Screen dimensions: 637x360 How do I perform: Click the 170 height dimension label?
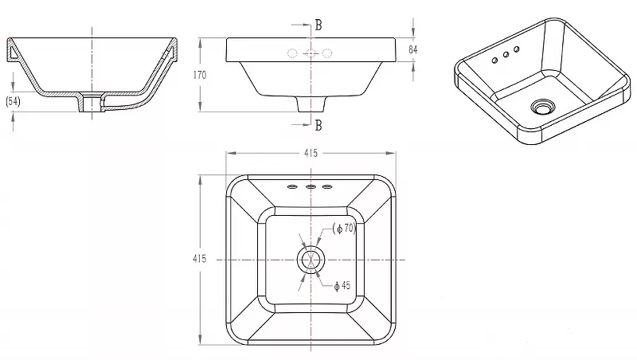(x=200, y=75)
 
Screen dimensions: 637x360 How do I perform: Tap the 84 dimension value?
(x=412, y=49)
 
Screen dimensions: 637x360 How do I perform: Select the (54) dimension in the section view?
(x=13, y=101)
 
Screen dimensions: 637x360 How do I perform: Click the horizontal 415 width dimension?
(x=311, y=153)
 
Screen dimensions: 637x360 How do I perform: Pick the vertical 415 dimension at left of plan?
(x=200, y=259)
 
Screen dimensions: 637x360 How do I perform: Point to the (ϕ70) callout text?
(x=345, y=229)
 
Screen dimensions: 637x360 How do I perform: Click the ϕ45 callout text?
(x=342, y=286)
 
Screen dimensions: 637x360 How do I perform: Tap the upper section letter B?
(x=318, y=25)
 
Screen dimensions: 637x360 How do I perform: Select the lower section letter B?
(x=318, y=125)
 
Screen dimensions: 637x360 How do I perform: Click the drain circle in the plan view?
(x=311, y=259)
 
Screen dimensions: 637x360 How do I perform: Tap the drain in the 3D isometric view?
(x=542, y=107)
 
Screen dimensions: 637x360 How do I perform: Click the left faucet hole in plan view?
(x=292, y=187)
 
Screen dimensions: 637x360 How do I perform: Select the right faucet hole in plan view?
(x=327, y=187)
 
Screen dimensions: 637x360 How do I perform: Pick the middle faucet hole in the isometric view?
(x=506, y=55)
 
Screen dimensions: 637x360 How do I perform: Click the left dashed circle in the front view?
(x=292, y=53)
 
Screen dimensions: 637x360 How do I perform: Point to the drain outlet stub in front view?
(x=311, y=104)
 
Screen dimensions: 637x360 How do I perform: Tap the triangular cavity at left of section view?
(x=14, y=53)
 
